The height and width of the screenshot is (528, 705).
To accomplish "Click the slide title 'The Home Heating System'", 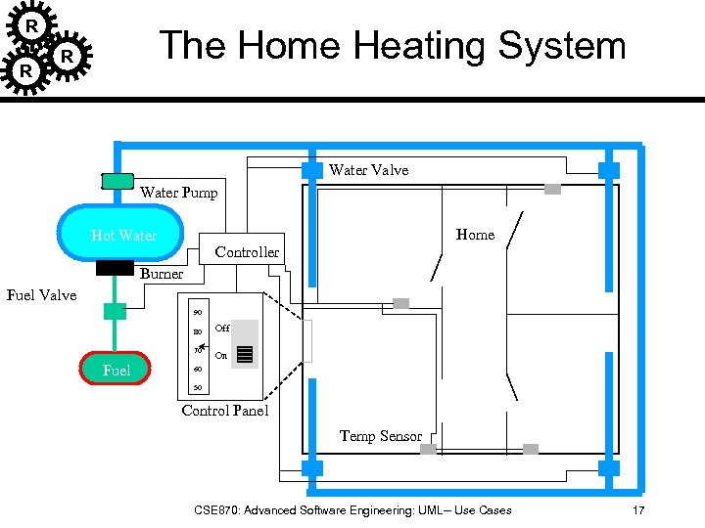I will pyautogui.click(x=392, y=46).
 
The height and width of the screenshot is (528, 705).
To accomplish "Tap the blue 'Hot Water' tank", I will pyautogui.click(x=122, y=235).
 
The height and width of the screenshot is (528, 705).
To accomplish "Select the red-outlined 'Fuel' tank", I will pyautogui.click(x=116, y=369).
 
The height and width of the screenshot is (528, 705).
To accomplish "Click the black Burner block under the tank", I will pyautogui.click(x=116, y=268).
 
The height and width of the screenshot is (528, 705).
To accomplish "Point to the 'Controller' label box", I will pyautogui.click(x=246, y=251).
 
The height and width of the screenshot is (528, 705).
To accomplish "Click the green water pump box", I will pyautogui.click(x=117, y=180).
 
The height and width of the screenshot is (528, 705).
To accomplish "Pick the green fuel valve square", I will pyautogui.click(x=116, y=311).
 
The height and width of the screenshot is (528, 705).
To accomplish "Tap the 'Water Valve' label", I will pyautogui.click(x=368, y=170).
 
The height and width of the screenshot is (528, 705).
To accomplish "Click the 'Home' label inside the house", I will pyautogui.click(x=475, y=235).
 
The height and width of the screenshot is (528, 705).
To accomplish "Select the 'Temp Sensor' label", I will pyautogui.click(x=380, y=436).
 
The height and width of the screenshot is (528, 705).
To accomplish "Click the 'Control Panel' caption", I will pyautogui.click(x=224, y=411).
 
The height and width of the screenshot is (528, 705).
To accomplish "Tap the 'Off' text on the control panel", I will pyautogui.click(x=221, y=330).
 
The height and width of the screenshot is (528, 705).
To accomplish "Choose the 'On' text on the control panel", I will pyautogui.click(x=220, y=356).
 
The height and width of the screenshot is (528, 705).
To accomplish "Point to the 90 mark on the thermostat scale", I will pyautogui.click(x=197, y=312).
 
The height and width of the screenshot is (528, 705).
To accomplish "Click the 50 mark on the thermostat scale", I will pyautogui.click(x=197, y=387).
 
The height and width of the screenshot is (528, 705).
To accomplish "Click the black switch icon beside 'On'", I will pyautogui.click(x=245, y=354).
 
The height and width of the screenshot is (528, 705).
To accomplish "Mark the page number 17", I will pyautogui.click(x=637, y=510).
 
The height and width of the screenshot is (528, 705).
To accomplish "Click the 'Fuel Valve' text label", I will pyautogui.click(x=41, y=294).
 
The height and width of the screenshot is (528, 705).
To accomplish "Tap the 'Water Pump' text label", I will pyautogui.click(x=178, y=193).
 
